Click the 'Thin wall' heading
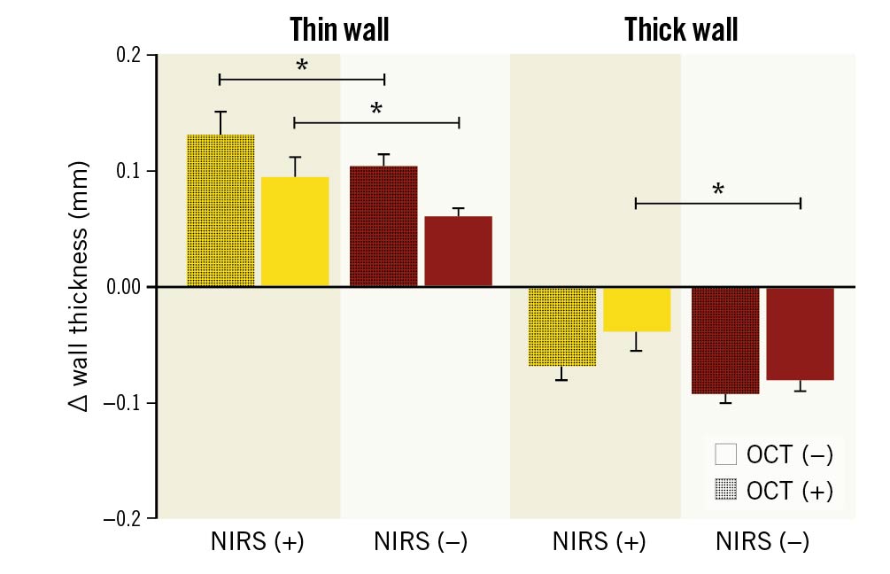(x=339, y=30)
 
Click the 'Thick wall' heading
(x=680, y=30)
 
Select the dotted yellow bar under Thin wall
(x=221, y=210)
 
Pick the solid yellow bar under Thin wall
(x=295, y=231)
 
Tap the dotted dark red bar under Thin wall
(x=383, y=226)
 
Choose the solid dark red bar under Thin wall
(x=458, y=251)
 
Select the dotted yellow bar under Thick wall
(x=561, y=326)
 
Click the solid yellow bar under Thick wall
(x=637, y=309)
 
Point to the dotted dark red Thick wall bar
(x=725, y=340)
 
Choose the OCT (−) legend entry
(x=773, y=454)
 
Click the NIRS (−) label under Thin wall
(x=421, y=541)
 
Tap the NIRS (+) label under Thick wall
(x=599, y=541)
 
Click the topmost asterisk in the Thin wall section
(x=301, y=67)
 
